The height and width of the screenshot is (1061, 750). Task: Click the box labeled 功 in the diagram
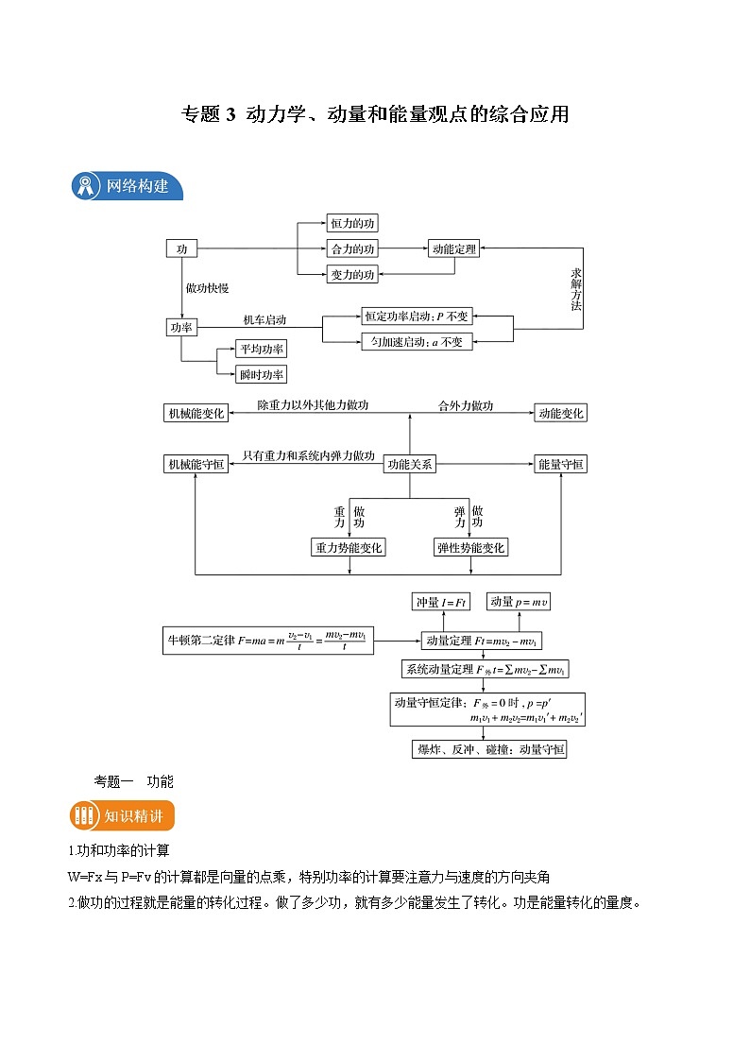181,248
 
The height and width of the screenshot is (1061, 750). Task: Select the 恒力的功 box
352,224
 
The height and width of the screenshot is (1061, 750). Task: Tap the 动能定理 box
453,248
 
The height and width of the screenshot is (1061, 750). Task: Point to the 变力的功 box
352,274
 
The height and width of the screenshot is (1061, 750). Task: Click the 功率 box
181,327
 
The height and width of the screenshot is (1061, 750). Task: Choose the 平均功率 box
261,349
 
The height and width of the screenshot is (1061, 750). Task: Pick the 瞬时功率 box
261,374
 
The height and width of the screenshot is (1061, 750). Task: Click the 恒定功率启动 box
416,317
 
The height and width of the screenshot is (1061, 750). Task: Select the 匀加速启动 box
416,342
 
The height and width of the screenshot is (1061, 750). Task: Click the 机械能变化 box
196,413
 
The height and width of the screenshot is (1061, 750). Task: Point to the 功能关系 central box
409,464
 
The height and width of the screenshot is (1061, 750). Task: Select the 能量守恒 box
560,464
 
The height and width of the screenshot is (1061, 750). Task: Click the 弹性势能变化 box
470,547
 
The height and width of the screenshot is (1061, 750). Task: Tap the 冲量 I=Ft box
441,602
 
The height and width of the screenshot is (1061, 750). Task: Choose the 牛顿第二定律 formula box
268,642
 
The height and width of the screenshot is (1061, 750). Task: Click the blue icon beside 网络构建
86,186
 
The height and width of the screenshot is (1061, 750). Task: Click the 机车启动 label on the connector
264,319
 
